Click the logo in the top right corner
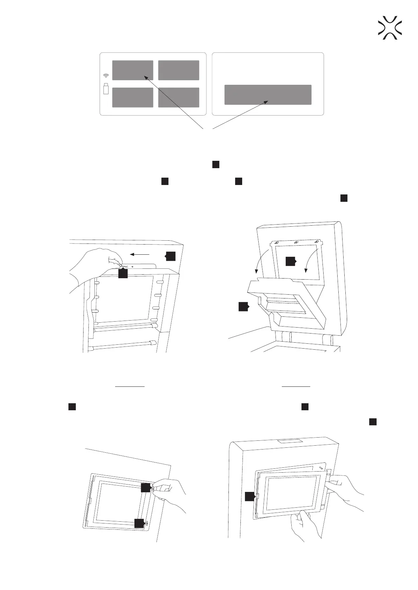(x=390, y=27)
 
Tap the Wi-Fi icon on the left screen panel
(x=106, y=76)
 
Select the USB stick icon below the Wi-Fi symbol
(x=106, y=89)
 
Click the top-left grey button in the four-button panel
(x=133, y=70)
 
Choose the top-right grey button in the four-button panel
(x=179, y=70)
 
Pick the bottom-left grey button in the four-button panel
(x=133, y=97)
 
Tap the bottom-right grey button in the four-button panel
(x=179, y=97)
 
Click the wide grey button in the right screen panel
(x=268, y=95)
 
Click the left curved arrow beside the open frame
(x=261, y=261)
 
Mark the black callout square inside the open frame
(x=291, y=261)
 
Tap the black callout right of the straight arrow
(x=171, y=256)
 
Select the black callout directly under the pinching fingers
(x=123, y=274)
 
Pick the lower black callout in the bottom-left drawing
(x=139, y=523)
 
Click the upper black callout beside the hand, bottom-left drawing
(x=146, y=488)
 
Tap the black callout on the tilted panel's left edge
(x=250, y=496)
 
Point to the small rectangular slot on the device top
(x=290, y=442)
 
